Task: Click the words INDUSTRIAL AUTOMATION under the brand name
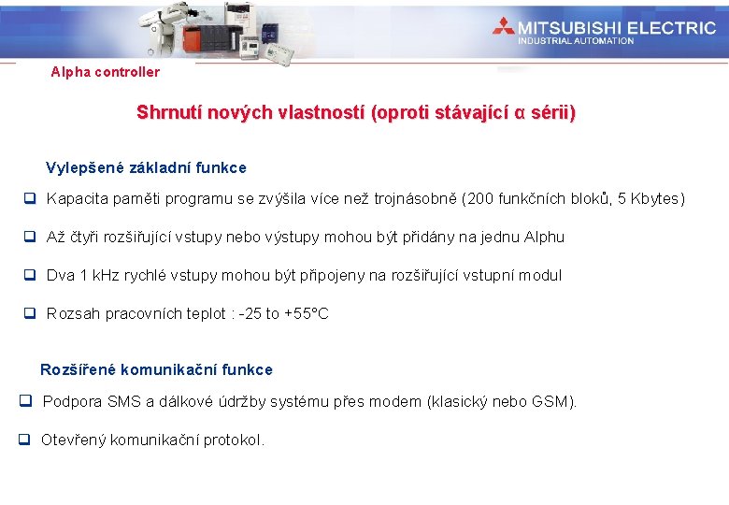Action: tap(576, 41)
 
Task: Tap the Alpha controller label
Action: tap(105, 72)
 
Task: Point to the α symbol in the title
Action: tap(521, 114)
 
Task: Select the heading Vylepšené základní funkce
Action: tap(146, 168)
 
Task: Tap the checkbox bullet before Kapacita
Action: tap(30, 199)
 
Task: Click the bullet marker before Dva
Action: tap(30, 276)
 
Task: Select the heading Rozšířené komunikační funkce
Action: tap(156, 369)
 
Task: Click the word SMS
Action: tap(124, 402)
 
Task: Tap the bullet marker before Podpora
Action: tap(26, 402)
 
